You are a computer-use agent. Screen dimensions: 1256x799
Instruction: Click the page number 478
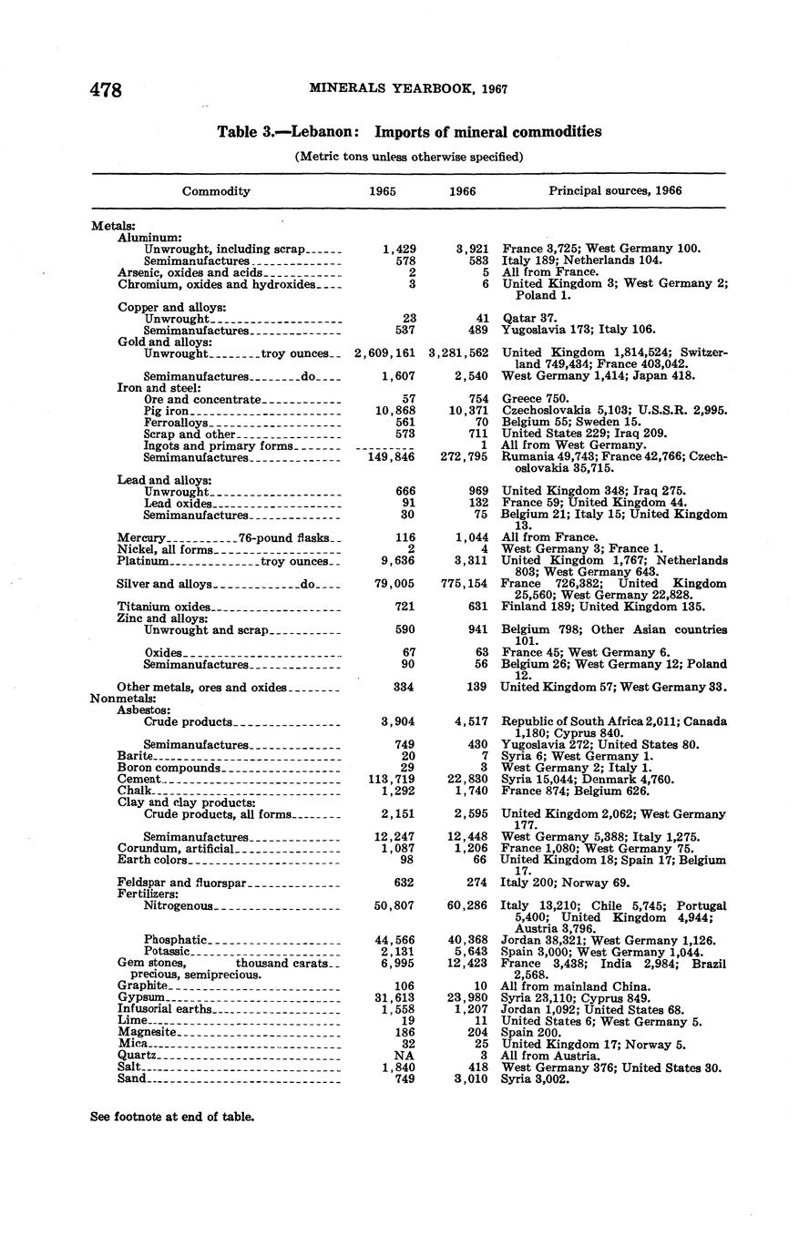[106, 89]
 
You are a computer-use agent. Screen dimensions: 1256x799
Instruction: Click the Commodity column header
[216, 191]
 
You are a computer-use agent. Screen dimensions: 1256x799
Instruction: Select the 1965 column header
[382, 191]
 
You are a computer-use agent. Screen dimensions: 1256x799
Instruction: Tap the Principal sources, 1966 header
[615, 191]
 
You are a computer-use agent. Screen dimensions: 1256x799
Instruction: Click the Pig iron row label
[167, 411]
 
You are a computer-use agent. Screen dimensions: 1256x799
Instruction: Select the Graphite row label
[143, 986]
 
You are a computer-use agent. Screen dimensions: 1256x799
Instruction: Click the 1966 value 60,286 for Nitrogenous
[465, 906]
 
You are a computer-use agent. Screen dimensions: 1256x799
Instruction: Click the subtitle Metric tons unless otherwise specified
[409, 157]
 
